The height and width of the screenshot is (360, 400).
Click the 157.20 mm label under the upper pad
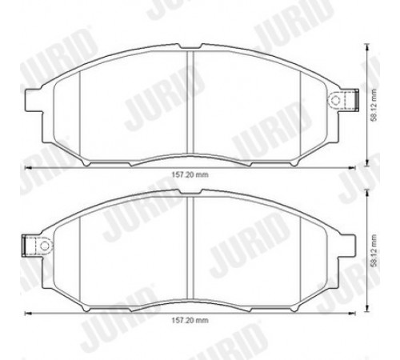coord(190,175)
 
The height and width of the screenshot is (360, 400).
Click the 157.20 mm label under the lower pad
coord(190,320)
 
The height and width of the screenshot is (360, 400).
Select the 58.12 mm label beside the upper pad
coord(374,105)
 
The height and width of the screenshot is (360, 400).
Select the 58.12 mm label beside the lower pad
coord(374,250)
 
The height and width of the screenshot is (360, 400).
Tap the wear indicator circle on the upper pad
coord(335,100)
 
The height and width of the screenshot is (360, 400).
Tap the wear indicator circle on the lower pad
coord(45,246)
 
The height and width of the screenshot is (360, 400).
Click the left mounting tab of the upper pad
coord(34,100)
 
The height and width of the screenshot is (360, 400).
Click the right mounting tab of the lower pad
coord(346,246)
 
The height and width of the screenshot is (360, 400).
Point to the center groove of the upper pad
coord(190,102)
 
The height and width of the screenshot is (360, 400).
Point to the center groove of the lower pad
coord(190,248)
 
